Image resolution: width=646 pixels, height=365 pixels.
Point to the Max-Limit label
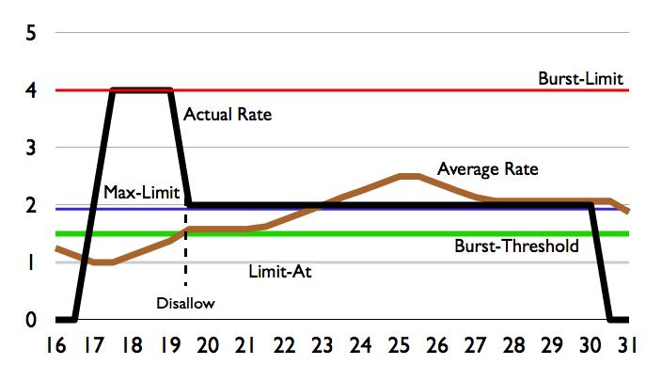(x=135, y=194)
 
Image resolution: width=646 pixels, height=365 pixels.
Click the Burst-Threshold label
(x=516, y=246)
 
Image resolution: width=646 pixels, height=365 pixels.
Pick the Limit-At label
(x=279, y=272)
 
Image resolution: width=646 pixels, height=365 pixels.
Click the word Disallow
(x=185, y=303)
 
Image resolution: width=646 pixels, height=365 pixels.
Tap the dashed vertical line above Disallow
(x=185, y=259)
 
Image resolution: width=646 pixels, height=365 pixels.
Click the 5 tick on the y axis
(x=31, y=34)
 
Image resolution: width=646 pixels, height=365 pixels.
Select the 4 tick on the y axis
(x=31, y=91)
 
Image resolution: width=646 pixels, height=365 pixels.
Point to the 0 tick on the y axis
(x=31, y=320)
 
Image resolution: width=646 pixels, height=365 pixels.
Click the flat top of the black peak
(x=141, y=90)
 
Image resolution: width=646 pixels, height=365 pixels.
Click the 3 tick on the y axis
(x=31, y=149)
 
